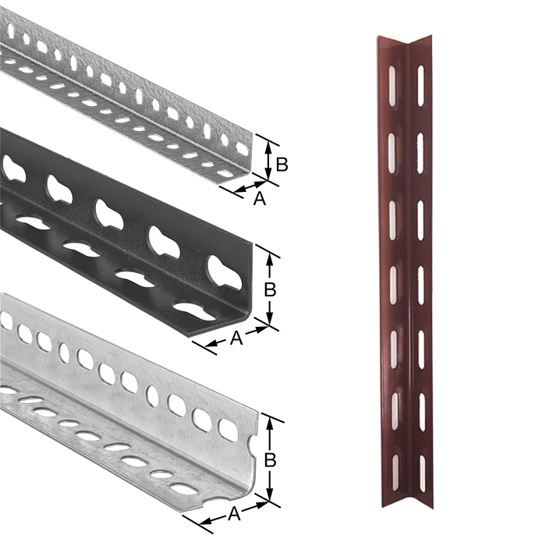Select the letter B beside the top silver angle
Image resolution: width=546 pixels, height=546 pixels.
pos(282,165)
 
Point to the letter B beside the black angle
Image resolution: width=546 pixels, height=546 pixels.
pos(270,289)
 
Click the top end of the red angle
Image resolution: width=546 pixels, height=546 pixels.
pos(403,39)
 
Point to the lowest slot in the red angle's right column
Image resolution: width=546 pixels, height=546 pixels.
pos(421,473)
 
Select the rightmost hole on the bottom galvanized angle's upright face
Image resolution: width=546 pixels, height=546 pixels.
pos(228,429)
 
